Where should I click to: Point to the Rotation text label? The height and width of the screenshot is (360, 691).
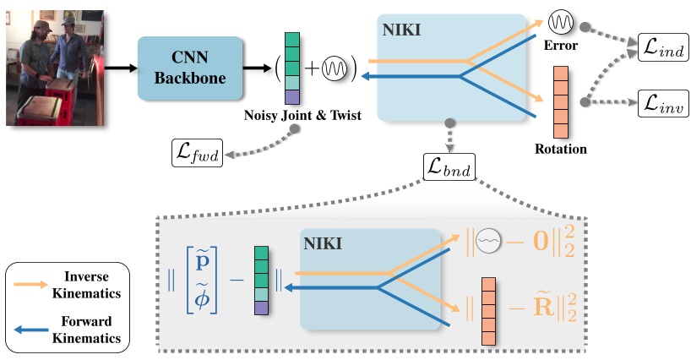pos(561,149)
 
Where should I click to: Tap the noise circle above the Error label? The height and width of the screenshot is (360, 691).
pos(561,20)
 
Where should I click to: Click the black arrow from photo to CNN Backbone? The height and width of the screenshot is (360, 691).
pos(121,68)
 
